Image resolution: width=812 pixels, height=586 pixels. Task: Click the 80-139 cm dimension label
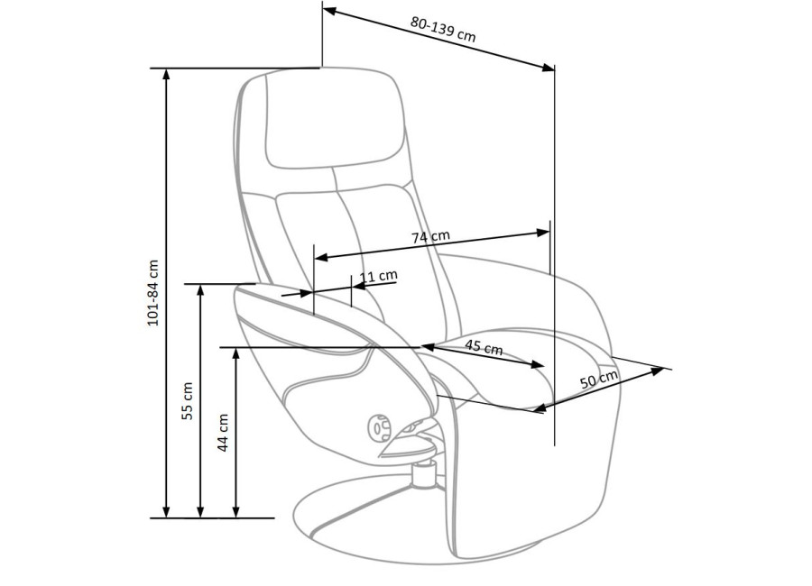[443, 29]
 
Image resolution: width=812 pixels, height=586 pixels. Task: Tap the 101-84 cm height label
[153, 292]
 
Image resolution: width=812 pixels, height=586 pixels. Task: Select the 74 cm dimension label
[431, 236]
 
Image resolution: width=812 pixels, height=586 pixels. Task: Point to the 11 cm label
[379, 276]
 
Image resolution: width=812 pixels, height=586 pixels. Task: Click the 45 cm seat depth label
[484, 346]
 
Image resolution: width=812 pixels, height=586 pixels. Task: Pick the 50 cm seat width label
[599, 380]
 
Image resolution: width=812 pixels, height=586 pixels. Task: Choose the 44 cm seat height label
[223, 432]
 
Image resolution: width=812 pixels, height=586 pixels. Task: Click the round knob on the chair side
[379, 427]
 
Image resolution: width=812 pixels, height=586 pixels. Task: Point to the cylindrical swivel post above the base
[425, 474]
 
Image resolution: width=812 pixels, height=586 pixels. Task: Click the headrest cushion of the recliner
[335, 119]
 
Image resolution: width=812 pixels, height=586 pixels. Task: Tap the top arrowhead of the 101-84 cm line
[166, 74]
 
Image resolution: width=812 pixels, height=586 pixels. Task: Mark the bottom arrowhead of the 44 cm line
[236, 511]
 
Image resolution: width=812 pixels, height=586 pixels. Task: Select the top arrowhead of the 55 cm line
[201, 290]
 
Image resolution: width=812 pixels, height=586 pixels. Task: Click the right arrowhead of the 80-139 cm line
[548, 68]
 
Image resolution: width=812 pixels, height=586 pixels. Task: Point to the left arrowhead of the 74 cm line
[321, 257]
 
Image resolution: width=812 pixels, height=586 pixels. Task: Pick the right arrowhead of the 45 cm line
[539, 365]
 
